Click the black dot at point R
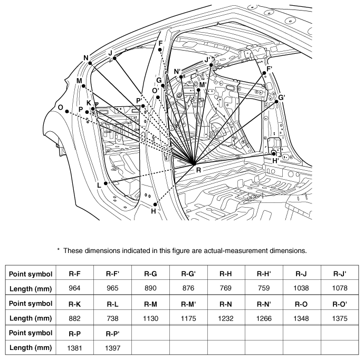194,164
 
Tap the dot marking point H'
274,154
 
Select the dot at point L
106,183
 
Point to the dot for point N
90,63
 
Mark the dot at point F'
264,73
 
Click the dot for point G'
276,102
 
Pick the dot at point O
67,111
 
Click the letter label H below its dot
153,211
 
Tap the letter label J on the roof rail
110,53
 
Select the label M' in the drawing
203,85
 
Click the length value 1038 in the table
301,288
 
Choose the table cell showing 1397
112,348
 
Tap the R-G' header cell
188,274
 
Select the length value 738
112,318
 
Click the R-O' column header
340,304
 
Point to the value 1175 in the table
188,318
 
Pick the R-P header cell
74,334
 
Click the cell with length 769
226,288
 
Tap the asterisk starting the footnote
58,250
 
